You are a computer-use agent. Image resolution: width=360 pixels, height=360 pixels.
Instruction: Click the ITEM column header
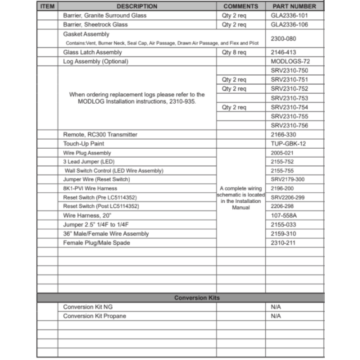click(x=47, y=6)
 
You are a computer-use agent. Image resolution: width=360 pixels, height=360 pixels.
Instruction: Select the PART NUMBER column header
click(x=294, y=6)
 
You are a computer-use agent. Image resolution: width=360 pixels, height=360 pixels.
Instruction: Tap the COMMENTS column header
click(x=240, y=6)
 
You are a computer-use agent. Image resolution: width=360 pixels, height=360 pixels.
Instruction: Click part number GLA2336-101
click(x=289, y=15)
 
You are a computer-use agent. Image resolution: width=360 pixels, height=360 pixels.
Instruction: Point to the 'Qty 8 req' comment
click(x=234, y=52)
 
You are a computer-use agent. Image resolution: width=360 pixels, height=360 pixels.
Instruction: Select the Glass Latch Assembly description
click(x=92, y=52)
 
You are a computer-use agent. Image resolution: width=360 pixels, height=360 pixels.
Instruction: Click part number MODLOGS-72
click(x=290, y=62)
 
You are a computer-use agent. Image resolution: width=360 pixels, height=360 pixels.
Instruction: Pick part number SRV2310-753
click(x=289, y=98)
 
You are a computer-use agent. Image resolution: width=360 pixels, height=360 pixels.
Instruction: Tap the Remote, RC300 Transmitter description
click(x=100, y=135)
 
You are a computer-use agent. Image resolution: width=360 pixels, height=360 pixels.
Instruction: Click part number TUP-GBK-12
click(x=288, y=144)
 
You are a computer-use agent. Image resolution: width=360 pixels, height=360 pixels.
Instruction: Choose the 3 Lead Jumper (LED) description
click(x=89, y=162)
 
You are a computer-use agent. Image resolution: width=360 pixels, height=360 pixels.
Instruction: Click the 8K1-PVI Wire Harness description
click(x=90, y=188)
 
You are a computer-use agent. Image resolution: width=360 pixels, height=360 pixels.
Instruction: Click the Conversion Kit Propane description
click(x=94, y=316)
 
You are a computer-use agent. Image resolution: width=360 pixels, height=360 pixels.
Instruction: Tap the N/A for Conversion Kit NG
click(x=276, y=307)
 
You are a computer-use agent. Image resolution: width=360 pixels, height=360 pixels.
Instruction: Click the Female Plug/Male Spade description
click(x=96, y=243)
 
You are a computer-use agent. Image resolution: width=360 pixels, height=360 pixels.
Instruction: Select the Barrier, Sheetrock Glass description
click(x=95, y=25)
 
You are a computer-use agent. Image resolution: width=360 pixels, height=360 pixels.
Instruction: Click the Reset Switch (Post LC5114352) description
click(x=101, y=206)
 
